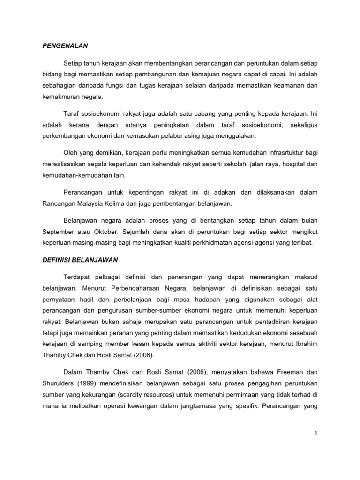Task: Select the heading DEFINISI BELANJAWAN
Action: point(80,259)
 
